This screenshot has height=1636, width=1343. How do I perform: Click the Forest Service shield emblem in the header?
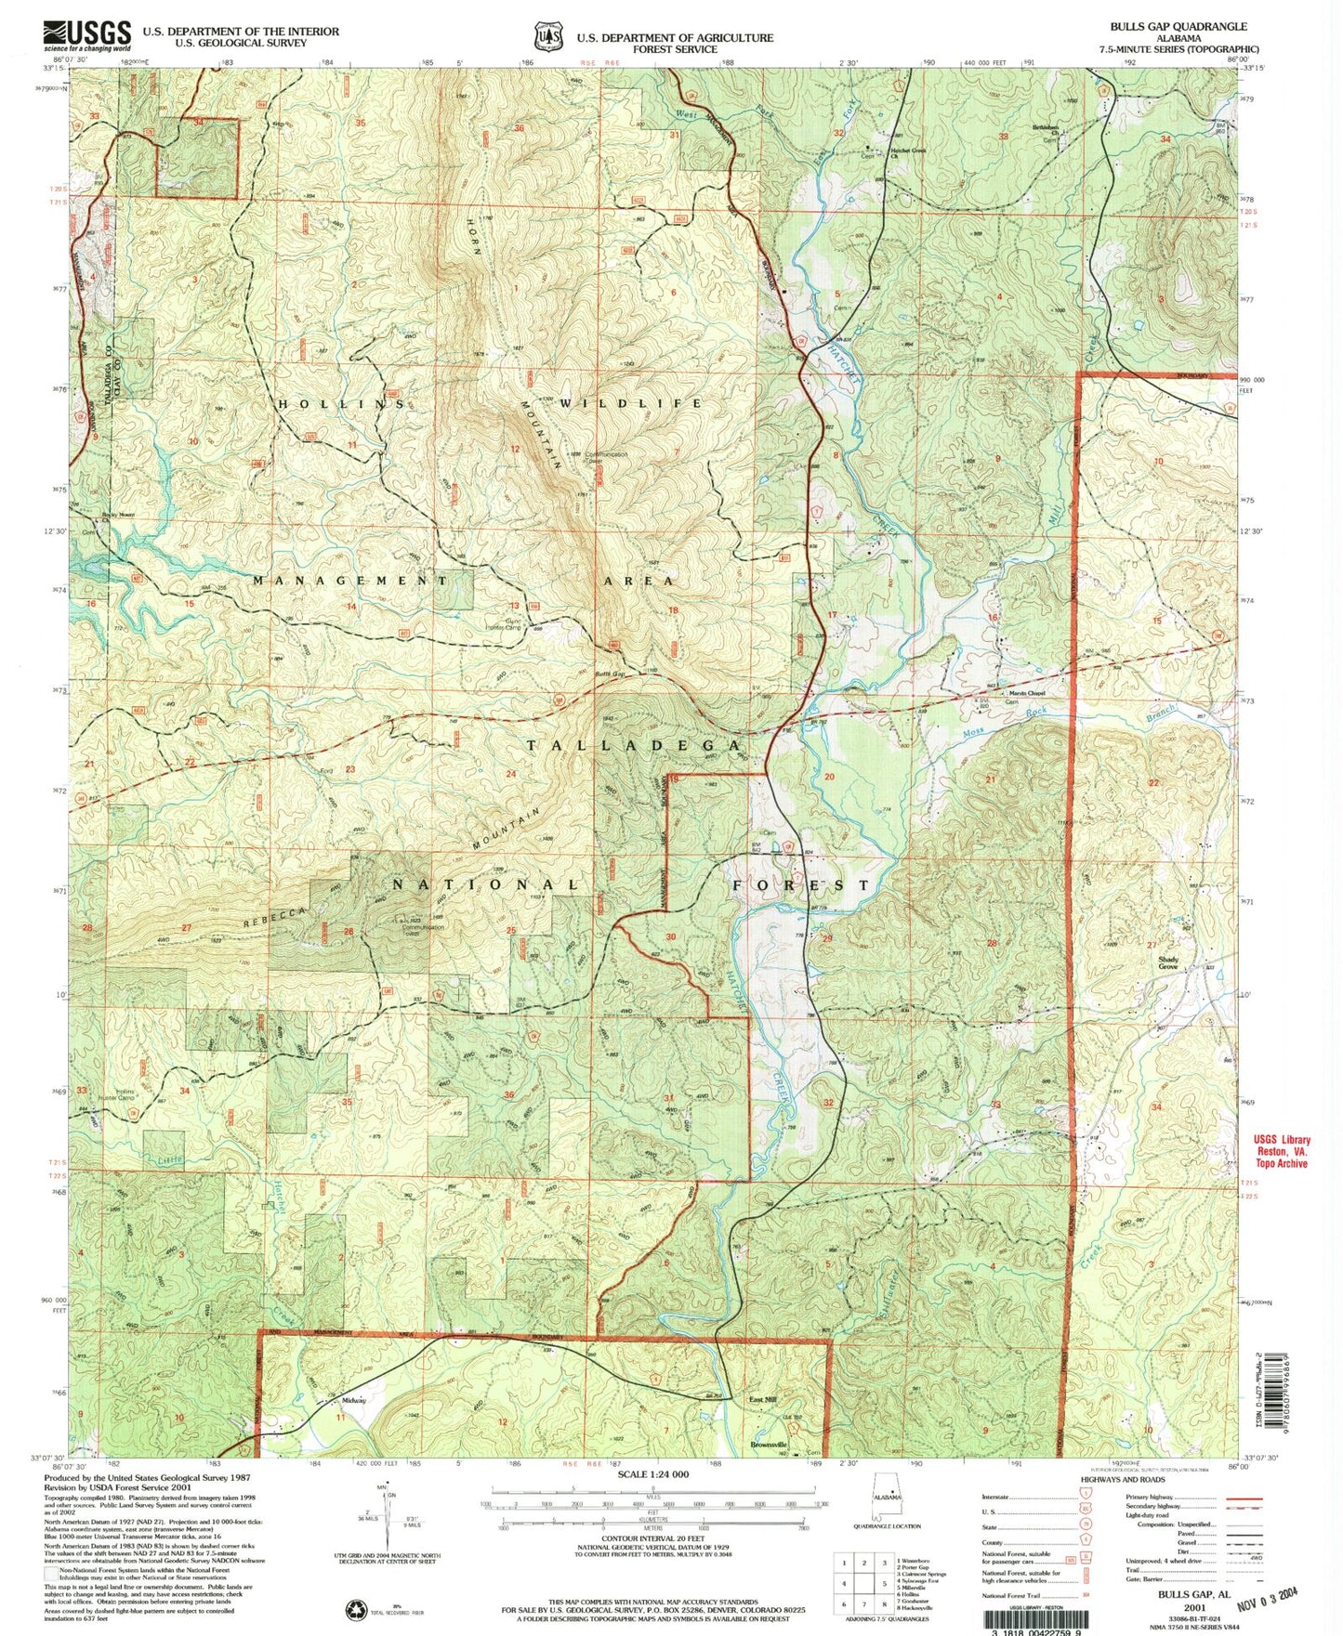pyautogui.click(x=547, y=37)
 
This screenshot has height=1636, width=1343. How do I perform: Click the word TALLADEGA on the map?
pyautogui.click(x=633, y=746)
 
